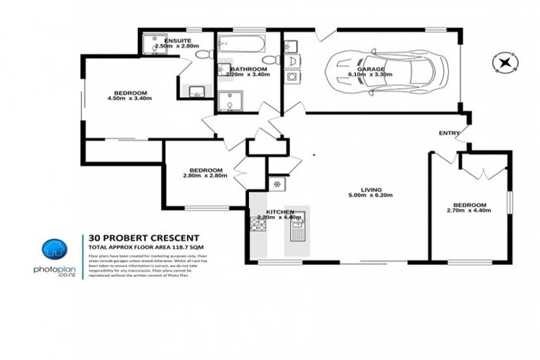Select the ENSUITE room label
tap(177, 41)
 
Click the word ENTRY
tap(449, 133)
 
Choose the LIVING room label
tap(366, 190)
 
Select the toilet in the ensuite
tap(202, 54)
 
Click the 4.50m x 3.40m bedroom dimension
tap(129, 98)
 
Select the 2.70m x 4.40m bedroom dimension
tap(470, 210)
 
